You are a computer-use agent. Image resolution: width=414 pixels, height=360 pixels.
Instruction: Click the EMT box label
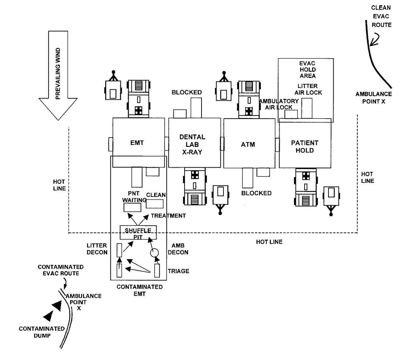tap(137, 143)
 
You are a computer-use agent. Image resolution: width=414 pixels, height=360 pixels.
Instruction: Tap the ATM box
tap(248, 144)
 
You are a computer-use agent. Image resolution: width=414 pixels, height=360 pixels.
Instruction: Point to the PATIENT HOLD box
tap(305, 146)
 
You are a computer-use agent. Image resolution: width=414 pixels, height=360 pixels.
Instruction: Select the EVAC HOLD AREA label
tap(307, 70)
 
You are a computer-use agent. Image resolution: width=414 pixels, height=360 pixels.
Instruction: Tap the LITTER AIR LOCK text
tap(308, 89)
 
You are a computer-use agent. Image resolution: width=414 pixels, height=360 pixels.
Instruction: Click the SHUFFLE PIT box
tap(138, 233)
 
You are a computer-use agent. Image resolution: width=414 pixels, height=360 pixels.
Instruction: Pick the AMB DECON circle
tap(154, 253)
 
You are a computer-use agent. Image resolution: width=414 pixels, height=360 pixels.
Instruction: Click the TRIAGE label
tap(178, 271)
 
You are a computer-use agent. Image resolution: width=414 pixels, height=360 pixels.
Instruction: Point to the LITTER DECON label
tap(97, 249)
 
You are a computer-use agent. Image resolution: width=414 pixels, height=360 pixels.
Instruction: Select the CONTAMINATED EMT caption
tap(139, 290)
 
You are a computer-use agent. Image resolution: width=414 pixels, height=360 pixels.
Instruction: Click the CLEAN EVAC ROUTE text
tap(381, 16)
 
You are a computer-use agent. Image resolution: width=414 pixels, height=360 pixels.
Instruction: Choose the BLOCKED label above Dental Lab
tap(187, 92)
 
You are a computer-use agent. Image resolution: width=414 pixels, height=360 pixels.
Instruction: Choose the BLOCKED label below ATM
tap(256, 193)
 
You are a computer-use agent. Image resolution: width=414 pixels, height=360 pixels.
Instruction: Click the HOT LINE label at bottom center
tap(269, 242)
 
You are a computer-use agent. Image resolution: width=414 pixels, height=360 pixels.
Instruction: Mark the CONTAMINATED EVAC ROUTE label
tap(61, 270)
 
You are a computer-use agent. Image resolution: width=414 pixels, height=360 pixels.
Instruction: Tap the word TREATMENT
tap(168, 216)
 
